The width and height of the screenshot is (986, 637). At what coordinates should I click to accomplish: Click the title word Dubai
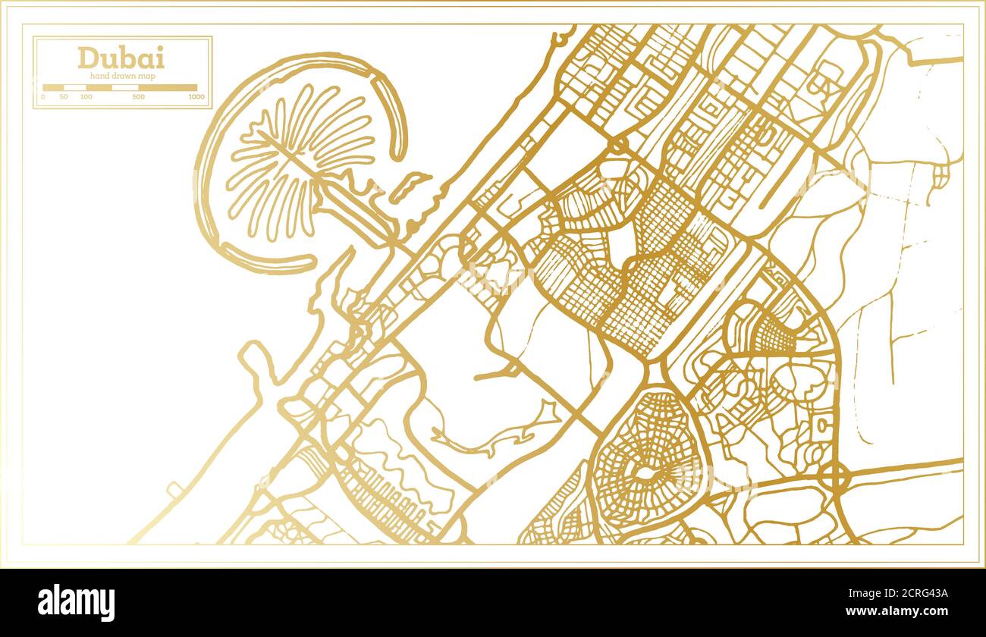(121, 58)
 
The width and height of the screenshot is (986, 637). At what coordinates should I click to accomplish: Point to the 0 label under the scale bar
(43, 97)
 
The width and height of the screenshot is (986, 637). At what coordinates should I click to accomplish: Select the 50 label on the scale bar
(64, 97)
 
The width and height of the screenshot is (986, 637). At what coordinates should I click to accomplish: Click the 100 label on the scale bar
(86, 97)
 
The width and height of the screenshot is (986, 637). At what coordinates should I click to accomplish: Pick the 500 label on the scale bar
(138, 97)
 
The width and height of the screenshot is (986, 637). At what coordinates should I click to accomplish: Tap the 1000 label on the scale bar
(196, 97)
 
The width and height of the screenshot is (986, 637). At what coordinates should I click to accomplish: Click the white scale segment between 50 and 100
(75, 88)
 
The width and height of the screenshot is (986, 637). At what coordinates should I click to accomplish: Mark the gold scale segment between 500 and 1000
(168, 88)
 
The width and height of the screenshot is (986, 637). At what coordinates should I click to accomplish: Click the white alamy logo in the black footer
(76, 603)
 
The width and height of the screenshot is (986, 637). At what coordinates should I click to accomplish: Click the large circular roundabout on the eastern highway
(834, 477)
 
